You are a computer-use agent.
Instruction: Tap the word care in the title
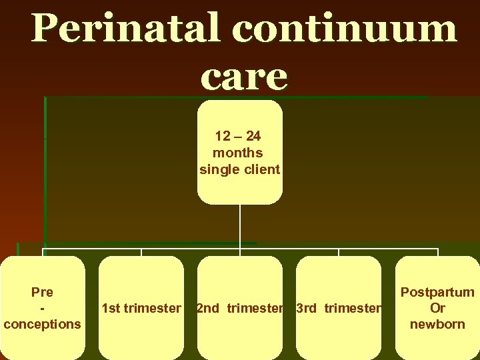pos(244,77)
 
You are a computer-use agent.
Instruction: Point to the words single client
pos(239,169)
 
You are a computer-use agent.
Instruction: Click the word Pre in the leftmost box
pos(42,292)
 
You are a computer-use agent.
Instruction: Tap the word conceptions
pos(42,324)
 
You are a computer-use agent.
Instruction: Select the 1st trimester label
pos(141,308)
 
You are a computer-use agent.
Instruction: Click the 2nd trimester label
pos(239,308)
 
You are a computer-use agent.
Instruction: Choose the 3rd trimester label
pos(338,308)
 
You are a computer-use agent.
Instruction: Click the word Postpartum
pos(437,292)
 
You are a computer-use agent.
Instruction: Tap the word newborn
pos(437,324)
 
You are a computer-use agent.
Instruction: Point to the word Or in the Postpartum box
pos(437,308)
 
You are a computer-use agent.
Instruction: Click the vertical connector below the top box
pos(240,227)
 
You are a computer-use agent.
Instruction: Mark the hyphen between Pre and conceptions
pos(42,308)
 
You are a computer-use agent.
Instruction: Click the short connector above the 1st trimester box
pos(141,253)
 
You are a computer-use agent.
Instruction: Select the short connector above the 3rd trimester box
pos(339,253)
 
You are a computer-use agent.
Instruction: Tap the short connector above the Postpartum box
pos(437,253)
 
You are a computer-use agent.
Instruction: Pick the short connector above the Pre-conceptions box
pos(43,253)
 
